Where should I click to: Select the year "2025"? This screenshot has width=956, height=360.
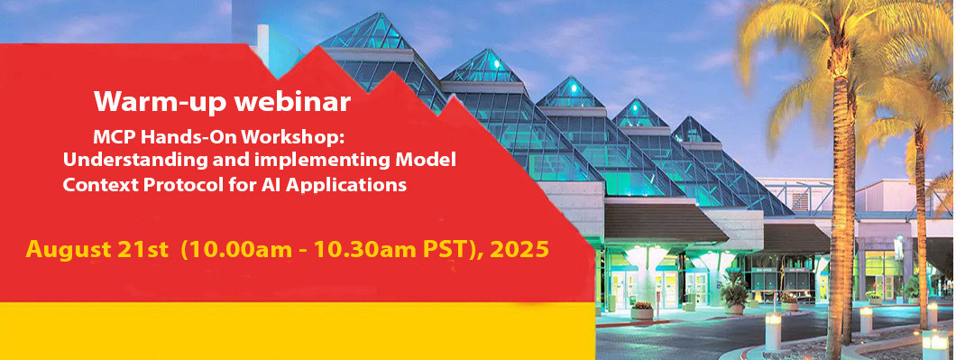(x=522, y=249)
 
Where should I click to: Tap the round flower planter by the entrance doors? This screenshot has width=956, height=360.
(x=642, y=311)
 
